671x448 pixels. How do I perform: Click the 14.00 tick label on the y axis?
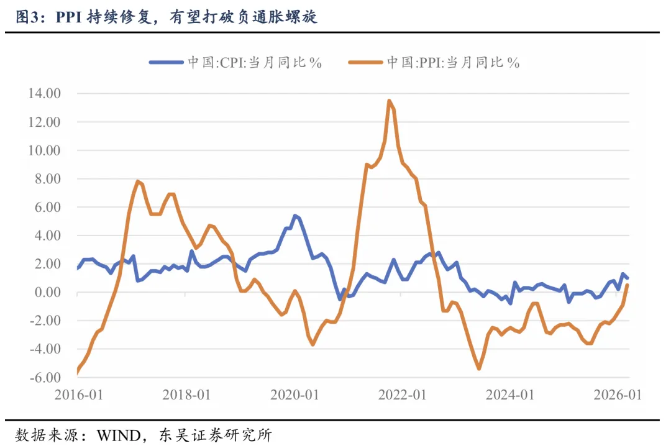coord(43,94)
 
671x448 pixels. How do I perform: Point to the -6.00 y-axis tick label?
coord(43,378)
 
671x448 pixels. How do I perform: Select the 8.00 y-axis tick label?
coord(45,179)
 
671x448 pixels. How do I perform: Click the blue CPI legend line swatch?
coord(166,62)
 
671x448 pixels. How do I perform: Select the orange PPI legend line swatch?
coord(366,62)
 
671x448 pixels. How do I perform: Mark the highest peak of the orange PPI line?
coord(389,101)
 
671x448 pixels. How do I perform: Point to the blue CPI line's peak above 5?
coord(294,216)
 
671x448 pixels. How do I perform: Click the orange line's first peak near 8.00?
coord(137,181)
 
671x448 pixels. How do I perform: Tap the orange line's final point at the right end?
coord(628,285)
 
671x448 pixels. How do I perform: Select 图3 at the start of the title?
coord(25,17)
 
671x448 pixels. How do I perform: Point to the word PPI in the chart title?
coord(72,17)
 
